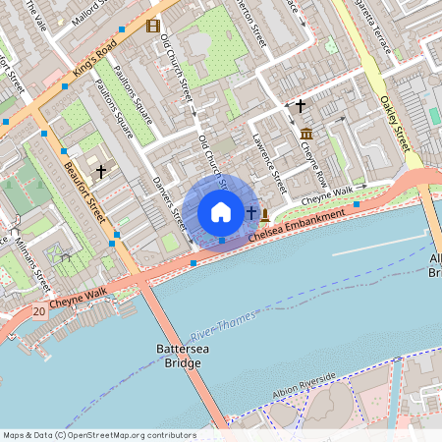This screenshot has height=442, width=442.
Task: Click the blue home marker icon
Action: point(221,212)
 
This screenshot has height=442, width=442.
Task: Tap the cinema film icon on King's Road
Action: point(151,26)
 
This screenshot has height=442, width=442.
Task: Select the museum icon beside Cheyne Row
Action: point(306,133)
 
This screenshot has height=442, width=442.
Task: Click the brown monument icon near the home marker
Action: point(265,212)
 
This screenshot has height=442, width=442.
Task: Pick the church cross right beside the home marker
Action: point(250,212)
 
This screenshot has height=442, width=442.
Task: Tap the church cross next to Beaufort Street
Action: point(100,170)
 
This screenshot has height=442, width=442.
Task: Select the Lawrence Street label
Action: point(267,160)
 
